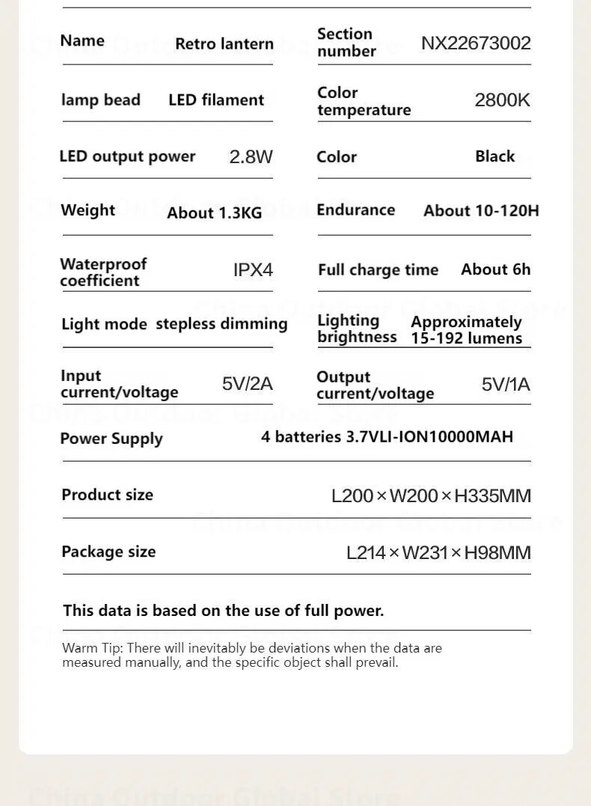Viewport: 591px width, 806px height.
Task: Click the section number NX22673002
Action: pos(476,43)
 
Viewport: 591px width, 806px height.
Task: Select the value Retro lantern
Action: pos(224,43)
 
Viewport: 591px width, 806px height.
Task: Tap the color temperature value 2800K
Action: pos(502,100)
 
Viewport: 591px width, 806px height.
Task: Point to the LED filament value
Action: pos(216,100)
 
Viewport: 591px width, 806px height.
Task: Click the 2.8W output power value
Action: pos(251,156)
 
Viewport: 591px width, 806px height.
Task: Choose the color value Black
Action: pos(494,156)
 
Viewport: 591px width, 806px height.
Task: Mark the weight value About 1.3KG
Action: pos(215,213)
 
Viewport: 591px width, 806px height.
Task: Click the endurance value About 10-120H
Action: pos(481,210)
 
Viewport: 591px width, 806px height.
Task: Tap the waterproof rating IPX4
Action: pos(253,269)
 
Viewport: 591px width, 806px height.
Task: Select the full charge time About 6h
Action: pos(495,269)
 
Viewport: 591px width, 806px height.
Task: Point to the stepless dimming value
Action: pos(221,324)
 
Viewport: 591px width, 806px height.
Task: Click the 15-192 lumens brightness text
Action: pos(466,338)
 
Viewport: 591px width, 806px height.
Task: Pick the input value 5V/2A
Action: pos(247,384)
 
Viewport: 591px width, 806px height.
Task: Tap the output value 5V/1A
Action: pos(506,385)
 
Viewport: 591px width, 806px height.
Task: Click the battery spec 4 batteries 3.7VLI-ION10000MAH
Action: pos(387,436)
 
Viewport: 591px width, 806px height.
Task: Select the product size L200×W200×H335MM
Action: pos(431,495)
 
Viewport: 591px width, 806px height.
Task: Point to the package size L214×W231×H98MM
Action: pos(438,552)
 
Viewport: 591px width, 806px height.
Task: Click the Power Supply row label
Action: pos(111,439)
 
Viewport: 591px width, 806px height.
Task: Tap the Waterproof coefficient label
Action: pos(103,272)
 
